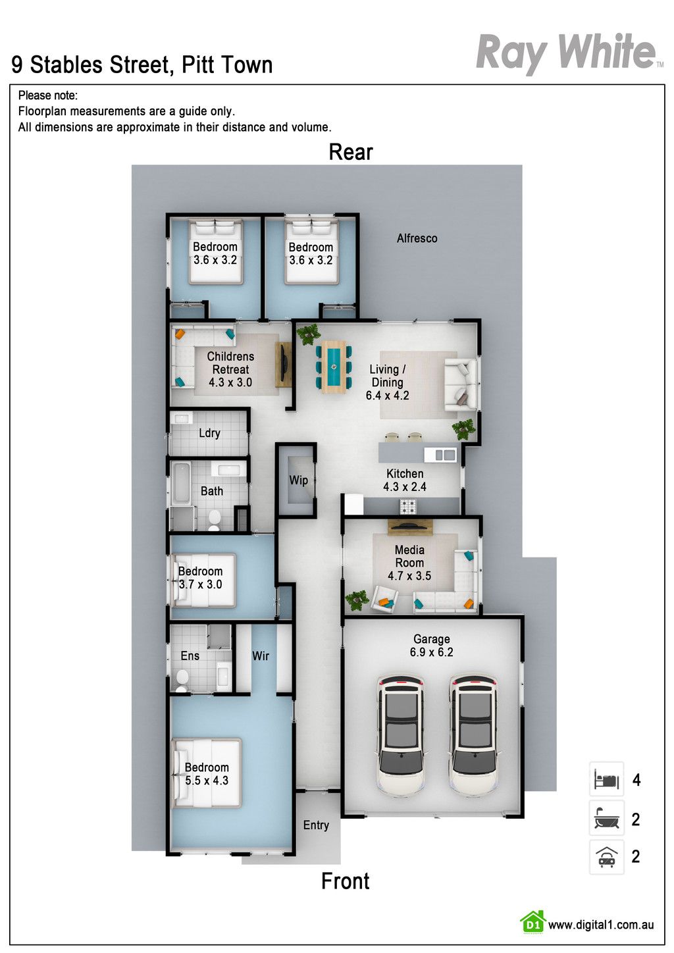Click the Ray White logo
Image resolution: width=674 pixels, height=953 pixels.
point(569,53)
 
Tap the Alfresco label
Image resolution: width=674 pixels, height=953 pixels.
point(417,238)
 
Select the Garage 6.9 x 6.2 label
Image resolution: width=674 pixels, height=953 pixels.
point(432,646)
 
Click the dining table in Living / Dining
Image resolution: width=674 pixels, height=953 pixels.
point(334,367)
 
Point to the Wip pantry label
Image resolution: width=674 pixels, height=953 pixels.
point(298,480)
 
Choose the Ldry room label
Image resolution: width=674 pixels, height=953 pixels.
point(209,433)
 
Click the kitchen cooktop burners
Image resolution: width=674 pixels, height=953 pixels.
point(407,506)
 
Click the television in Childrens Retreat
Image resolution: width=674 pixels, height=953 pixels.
point(283,365)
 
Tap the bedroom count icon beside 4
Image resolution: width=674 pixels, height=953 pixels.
point(606,780)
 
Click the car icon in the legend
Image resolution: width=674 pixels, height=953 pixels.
point(606,856)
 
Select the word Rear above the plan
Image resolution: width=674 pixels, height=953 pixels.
point(351,152)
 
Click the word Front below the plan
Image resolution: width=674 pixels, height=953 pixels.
point(345,881)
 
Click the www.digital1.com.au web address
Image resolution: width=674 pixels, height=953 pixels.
point(601,925)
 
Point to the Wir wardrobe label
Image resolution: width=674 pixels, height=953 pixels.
point(261,656)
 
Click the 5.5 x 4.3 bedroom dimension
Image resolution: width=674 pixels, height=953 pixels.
point(207,781)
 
